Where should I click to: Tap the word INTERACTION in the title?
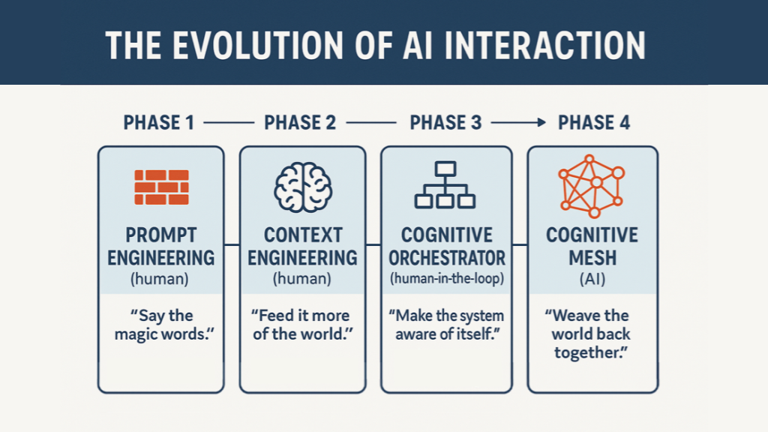(x=544, y=46)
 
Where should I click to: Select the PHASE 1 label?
(x=159, y=122)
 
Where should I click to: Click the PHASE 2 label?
(x=300, y=122)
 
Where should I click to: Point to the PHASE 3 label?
(x=445, y=122)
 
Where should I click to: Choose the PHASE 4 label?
(x=594, y=122)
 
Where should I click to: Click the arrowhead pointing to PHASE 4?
(x=541, y=122)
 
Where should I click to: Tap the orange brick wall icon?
(x=162, y=187)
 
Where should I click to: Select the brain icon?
(x=303, y=187)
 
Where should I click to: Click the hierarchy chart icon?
(x=445, y=185)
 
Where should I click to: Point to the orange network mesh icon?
(x=592, y=186)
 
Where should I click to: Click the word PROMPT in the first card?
(x=161, y=235)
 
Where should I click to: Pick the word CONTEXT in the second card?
(x=303, y=235)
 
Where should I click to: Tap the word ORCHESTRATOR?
(x=447, y=258)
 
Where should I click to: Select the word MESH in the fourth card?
(x=592, y=258)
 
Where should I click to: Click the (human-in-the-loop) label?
(x=447, y=279)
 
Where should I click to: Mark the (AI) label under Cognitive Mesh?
(x=592, y=279)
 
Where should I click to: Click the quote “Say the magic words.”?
(x=164, y=325)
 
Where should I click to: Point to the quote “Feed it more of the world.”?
(x=302, y=325)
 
